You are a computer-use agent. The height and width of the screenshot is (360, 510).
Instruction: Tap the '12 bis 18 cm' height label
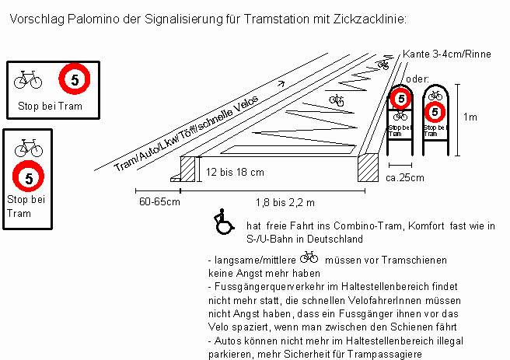pyautogui.click(x=235, y=171)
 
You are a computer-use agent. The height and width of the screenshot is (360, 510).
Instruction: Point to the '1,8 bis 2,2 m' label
pyautogui.click(x=285, y=202)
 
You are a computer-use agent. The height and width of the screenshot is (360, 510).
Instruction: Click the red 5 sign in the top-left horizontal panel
pyautogui.click(x=75, y=79)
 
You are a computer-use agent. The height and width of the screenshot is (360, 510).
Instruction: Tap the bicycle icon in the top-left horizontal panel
pyautogui.click(x=28, y=79)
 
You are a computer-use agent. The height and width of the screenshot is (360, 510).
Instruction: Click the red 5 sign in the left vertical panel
pyautogui.click(x=28, y=177)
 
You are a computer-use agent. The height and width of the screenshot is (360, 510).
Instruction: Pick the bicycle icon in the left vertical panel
pyautogui.click(x=28, y=145)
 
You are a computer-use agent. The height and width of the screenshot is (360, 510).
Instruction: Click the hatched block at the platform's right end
pyautogui.click(x=366, y=167)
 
